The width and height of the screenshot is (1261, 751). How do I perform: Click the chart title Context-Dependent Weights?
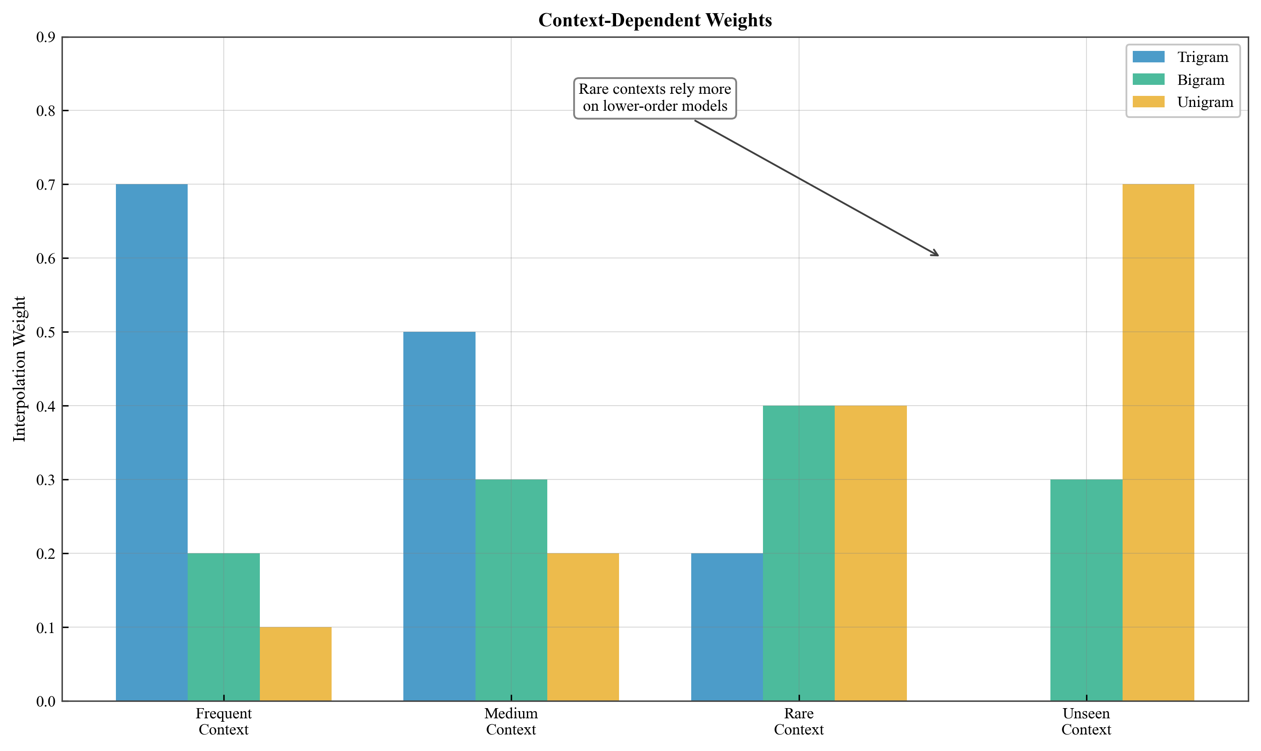655,20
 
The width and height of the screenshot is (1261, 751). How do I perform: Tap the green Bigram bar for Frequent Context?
223,627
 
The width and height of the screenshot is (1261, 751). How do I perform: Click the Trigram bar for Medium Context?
439,516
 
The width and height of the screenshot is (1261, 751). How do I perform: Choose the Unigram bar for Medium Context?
583,627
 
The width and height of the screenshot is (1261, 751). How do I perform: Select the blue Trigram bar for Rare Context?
727,627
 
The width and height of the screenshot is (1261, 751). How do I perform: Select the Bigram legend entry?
1200,80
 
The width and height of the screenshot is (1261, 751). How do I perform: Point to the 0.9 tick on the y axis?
45,37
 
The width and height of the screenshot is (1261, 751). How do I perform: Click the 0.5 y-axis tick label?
45,333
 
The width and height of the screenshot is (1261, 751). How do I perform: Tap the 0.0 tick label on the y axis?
45,701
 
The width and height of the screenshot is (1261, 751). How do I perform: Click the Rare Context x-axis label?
799,722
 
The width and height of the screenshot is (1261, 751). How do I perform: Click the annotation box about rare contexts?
655,98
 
